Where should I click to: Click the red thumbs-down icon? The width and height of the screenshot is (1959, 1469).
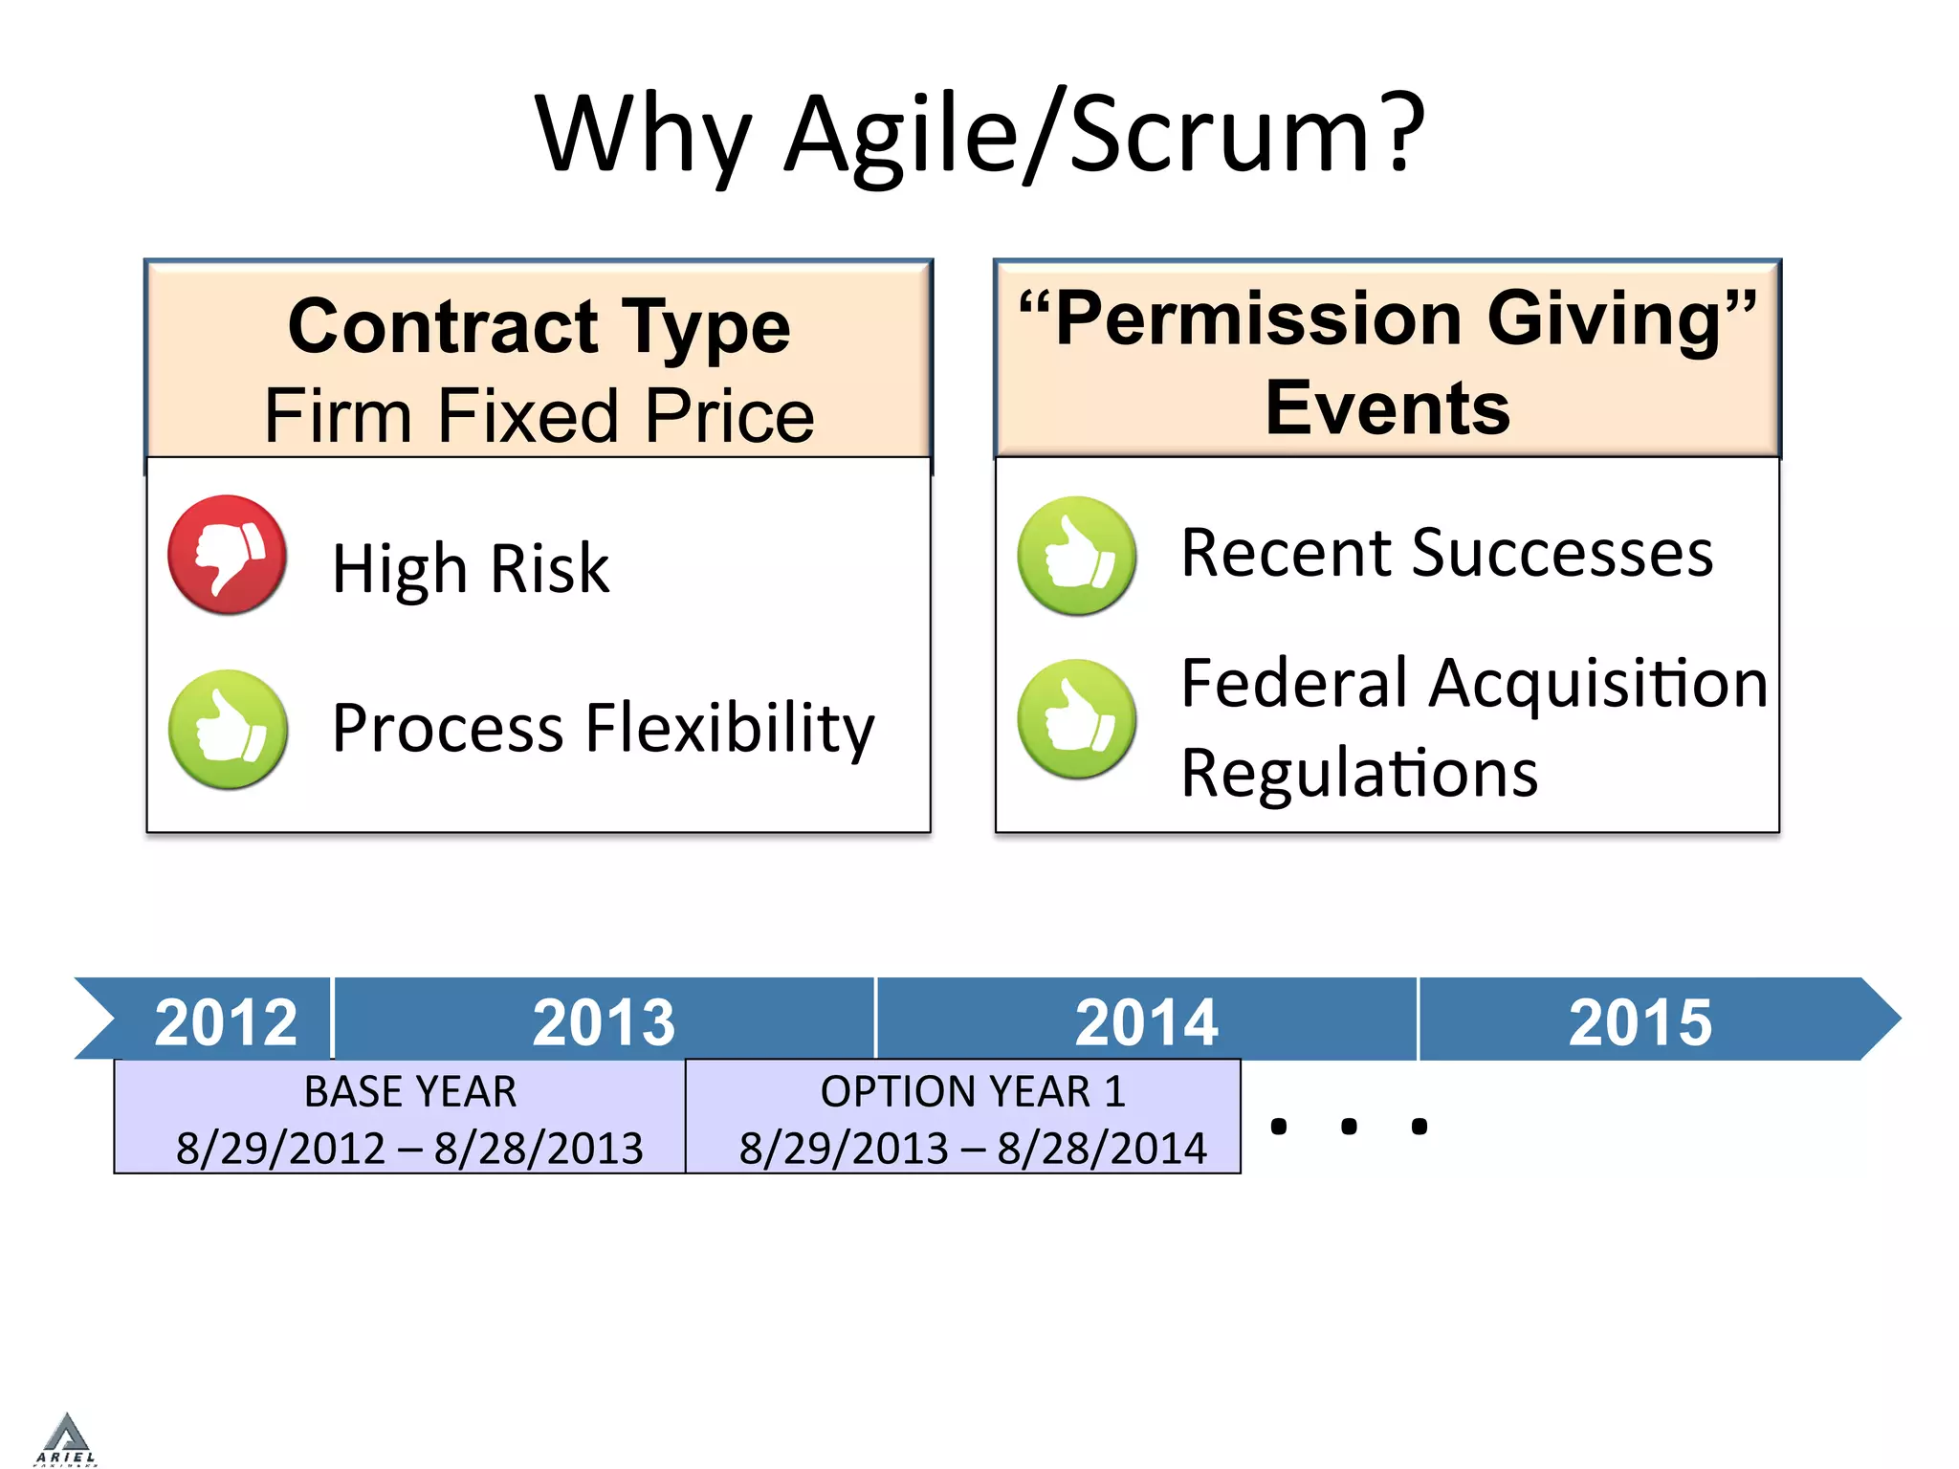point(228,555)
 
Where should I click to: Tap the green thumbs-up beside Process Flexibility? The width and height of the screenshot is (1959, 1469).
point(228,730)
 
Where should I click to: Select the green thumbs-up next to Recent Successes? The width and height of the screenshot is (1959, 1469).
point(1077,556)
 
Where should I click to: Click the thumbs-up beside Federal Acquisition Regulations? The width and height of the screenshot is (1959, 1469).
point(1077,719)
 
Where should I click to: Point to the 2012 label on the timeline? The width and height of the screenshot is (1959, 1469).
point(226,1021)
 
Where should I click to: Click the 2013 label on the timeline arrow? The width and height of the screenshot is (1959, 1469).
point(604,1021)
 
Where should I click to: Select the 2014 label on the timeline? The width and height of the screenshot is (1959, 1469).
point(1146,1021)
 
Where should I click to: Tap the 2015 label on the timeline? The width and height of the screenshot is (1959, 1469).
point(1640,1021)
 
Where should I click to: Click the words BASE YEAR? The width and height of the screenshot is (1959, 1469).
point(410,1091)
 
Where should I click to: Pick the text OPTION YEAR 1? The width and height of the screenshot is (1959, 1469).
point(973,1091)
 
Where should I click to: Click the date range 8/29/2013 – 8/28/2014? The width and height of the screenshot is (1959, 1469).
point(973,1148)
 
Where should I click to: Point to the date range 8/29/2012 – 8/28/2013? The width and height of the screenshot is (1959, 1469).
point(409,1148)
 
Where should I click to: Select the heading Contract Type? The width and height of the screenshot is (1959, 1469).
point(539,326)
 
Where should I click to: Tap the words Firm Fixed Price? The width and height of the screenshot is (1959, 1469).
point(539,415)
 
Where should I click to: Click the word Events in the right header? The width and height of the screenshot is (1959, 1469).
point(1387,407)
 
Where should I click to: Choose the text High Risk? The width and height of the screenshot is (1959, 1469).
point(470,568)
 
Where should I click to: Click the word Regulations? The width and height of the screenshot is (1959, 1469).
point(1358,772)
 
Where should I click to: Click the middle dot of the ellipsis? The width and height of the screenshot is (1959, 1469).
point(1349,1127)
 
